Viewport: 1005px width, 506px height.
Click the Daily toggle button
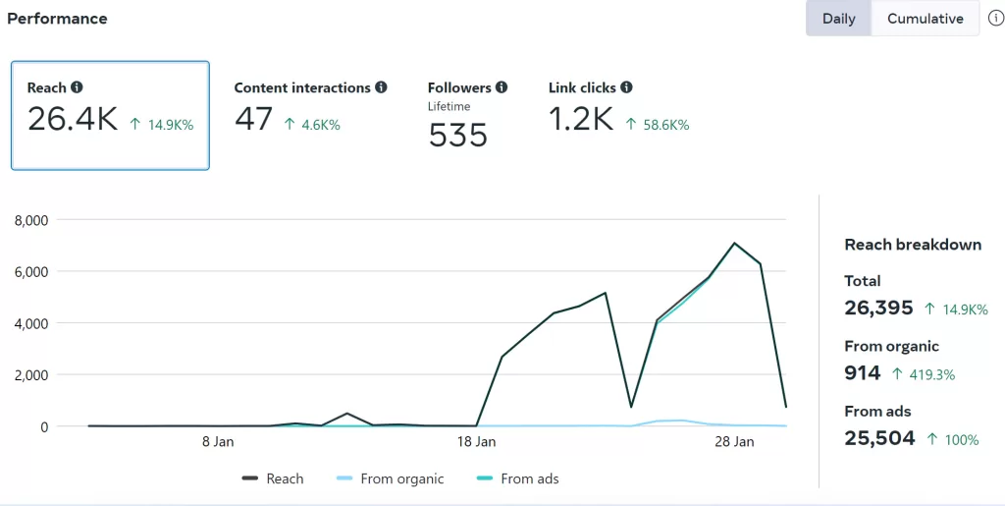[838, 19]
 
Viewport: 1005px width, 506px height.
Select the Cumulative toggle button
[925, 19]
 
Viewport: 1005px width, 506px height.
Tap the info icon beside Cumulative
[994, 19]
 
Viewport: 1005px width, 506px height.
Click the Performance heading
[58, 19]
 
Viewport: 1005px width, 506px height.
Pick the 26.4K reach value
[72, 120]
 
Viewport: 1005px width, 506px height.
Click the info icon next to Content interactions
[381, 87]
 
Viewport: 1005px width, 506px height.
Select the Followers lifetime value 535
[457, 136]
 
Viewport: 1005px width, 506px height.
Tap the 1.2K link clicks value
[580, 120]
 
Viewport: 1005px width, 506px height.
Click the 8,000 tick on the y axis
[31, 220]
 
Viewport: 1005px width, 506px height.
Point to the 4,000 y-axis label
[31, 323]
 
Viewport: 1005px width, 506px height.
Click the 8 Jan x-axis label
[218, 442]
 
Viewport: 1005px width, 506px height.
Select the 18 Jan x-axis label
[476, 442]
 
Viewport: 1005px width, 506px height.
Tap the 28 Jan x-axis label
[734, 442]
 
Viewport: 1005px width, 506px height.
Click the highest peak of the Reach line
[733, 243]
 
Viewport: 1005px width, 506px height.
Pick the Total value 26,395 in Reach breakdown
[878, 308]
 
